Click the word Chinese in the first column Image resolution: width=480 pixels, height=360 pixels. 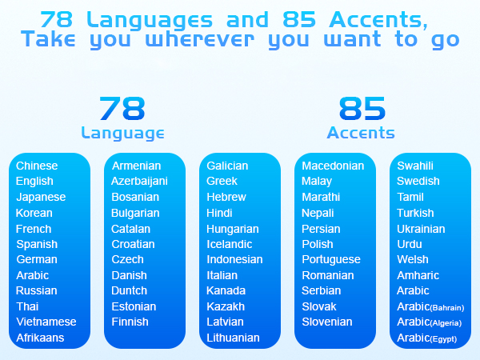point(37,166)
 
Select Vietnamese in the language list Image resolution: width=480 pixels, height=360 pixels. point(46,322)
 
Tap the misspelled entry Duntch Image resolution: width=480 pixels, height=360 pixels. point(129,290)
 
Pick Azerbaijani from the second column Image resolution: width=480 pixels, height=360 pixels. point(139,182)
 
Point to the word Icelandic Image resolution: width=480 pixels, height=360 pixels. point(230,244)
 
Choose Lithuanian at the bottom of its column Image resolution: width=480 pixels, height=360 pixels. point(233,338)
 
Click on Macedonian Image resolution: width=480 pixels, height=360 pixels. point(333,166)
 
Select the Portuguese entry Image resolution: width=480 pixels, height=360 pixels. point(331,260)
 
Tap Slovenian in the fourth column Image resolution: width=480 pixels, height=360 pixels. point(327,322)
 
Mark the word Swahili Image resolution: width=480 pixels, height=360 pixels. point(415,166)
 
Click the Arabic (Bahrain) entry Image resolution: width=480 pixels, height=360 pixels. point(430,306)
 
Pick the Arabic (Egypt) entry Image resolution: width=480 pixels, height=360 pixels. point(426,338)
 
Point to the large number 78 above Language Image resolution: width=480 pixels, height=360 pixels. point(122,108)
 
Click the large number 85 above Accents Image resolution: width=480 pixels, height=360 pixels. point(362,108)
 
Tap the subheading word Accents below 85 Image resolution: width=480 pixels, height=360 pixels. point(361,133)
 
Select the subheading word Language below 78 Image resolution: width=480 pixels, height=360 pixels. point(122,134)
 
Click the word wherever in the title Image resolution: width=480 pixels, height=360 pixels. point(200,40)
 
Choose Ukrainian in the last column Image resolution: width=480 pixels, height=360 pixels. point(421,229)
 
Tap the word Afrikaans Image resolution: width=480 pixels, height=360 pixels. point(40,338)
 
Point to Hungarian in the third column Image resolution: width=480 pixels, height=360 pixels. point(233,230)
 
